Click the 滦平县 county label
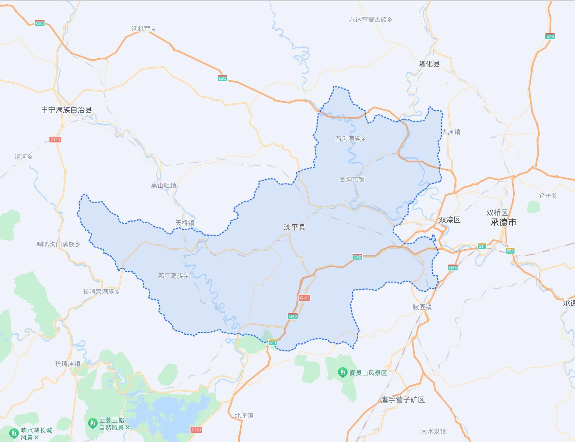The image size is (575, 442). [294, 227]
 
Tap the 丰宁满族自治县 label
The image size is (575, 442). [66, 110]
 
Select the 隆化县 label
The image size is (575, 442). [429, 64]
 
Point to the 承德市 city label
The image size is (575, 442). [503, 222]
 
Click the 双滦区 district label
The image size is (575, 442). [449, 220]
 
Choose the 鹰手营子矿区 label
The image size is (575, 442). [403, 400]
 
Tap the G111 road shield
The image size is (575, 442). [55, 140]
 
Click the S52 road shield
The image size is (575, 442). [510, 251]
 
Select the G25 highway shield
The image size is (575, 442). [453, 267]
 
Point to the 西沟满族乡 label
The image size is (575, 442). [350, 139]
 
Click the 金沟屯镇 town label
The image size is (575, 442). [352, 179]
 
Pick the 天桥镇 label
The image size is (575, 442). [185, 223]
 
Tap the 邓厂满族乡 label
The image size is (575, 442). [173, 276]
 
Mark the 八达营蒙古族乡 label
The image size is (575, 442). [371, 20]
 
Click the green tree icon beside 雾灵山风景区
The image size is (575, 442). [343, 373]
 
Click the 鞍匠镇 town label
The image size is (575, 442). [422, 307]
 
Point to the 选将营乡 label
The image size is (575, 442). [143, 29]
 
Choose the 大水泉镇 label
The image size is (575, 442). [433, 431]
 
